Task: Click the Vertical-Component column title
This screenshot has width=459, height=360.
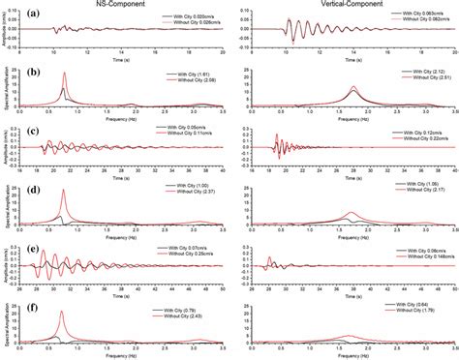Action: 354,7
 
